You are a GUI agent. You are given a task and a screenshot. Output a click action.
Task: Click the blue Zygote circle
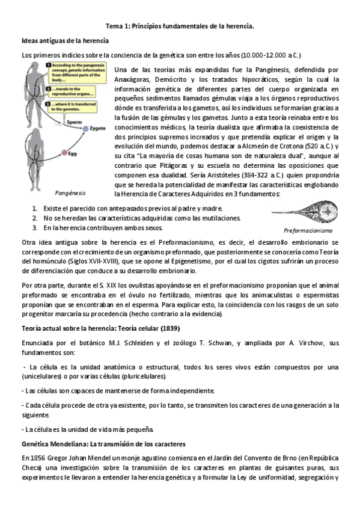tap(86, 128)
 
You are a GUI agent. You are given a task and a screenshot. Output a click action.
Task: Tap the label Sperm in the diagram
tap(74, 121)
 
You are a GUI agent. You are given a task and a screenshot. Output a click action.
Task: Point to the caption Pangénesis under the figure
tap(70, 193)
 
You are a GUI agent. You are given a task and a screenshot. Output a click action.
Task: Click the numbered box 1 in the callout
tap(48, 65)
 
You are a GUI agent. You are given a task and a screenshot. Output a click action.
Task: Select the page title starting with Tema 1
tap(180, 26)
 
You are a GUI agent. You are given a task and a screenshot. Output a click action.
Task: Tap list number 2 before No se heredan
tap(35, 218)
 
